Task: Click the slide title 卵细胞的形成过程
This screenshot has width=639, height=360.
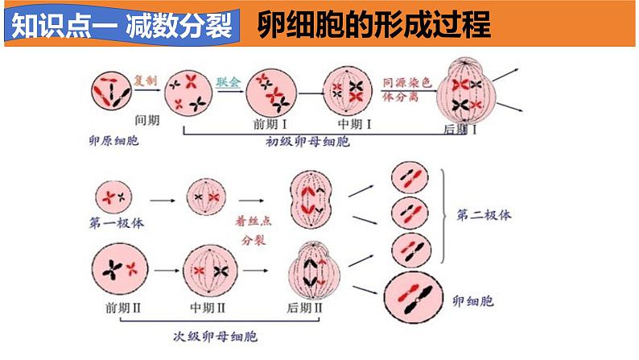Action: [x=374, y=26]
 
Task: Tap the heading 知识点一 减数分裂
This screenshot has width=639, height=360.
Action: [x=120, y=26]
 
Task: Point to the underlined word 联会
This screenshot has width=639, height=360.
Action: [x=229, y=82]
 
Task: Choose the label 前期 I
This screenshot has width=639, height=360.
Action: [x=270, y=125]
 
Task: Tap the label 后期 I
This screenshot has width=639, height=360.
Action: [x=461, y=129]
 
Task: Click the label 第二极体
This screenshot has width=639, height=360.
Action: [x=483, y=215]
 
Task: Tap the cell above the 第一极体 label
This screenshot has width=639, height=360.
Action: [x=112, y=195]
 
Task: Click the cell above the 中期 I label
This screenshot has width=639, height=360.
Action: [x=348, y=91]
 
